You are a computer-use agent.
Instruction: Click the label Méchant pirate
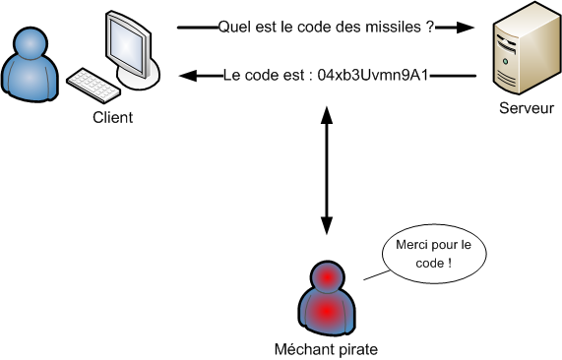click(x=326, y=348)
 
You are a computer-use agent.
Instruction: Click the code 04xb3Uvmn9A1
click(x=374, y=75)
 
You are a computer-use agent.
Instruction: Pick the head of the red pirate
click(x=324, y=278)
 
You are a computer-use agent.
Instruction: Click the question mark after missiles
click(x=430, y=29)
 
